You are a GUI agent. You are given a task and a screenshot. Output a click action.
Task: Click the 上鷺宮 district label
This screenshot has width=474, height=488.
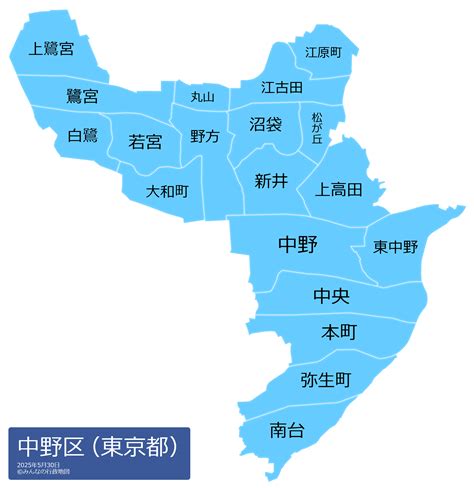coord(52,49)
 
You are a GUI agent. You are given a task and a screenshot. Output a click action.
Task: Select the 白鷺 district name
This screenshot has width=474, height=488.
coord(83,135)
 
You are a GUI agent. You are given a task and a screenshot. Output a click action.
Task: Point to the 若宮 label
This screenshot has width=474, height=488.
coord(145,142)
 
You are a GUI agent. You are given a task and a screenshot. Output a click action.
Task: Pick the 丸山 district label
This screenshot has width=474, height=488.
coord(202,97)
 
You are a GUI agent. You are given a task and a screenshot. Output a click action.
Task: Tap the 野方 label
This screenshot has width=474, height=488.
coord(205,136)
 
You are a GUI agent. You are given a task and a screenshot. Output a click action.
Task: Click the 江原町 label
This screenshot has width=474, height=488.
coord(323,51)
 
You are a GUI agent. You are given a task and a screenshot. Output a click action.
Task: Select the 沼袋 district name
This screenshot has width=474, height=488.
coord(265,125)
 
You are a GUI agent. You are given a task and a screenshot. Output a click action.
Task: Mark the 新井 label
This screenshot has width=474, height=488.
coord(270,181)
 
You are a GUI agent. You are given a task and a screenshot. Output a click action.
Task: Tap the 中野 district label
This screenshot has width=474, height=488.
coord(297,243)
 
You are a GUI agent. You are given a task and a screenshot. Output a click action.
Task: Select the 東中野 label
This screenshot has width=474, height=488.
coord(396,246)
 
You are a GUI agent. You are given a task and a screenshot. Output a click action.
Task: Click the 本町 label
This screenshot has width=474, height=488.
coord(339,332)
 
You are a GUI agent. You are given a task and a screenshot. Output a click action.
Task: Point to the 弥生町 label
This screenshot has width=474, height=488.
coord(326,380)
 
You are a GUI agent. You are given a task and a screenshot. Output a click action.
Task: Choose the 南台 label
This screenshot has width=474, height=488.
coord(287,430)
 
